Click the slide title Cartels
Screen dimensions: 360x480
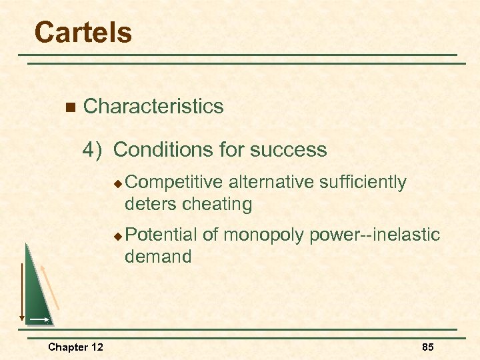[83, 32]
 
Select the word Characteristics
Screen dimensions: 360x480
[153, 106]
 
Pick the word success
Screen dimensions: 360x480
[295, 149]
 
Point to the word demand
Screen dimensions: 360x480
[158, 257]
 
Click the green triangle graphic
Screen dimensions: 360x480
[39, 293]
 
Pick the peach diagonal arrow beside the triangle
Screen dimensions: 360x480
[51, 287]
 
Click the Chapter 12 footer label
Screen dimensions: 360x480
[75, 347]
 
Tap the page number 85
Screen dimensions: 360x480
[427, 347]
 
